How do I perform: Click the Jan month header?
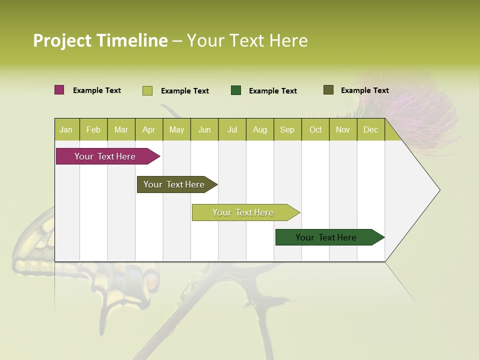66,130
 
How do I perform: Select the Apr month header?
148,130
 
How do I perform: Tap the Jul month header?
232,130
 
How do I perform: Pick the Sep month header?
287,130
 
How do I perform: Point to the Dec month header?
370,130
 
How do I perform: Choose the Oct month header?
315,130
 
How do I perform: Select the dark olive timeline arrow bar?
175,184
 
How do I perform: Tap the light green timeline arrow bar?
244,212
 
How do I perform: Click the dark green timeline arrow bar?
327,237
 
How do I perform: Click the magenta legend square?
59,90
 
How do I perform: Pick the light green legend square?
147,90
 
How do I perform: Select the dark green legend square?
236,90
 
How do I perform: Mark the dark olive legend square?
328,90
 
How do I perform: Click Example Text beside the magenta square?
97,90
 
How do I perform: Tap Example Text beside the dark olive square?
364,90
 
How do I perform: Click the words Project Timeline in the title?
100,40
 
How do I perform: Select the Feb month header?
93,130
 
